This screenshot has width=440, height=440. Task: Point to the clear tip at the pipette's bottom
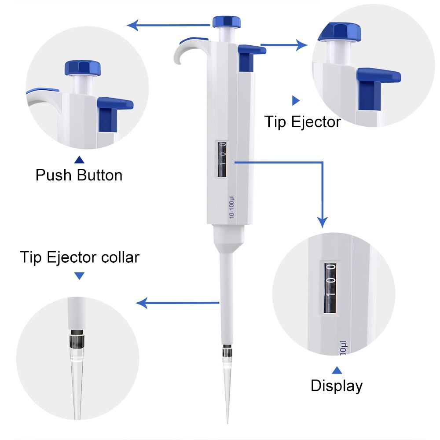coord(227,387)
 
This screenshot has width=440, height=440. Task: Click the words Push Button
coord(79,175)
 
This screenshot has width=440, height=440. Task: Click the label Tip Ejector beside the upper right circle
coord(302,121)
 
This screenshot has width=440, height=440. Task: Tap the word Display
coord(337,385)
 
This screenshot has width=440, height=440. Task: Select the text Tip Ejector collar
coord(80,257)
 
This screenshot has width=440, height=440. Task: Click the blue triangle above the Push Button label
coord(79,160)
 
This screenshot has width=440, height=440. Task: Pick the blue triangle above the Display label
coord(337,370)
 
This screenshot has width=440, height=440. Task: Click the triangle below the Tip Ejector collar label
coord(79,276)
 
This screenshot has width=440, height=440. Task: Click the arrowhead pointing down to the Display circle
coord(323,222)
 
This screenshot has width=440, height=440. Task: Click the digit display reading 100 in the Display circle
coord(330,288)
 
